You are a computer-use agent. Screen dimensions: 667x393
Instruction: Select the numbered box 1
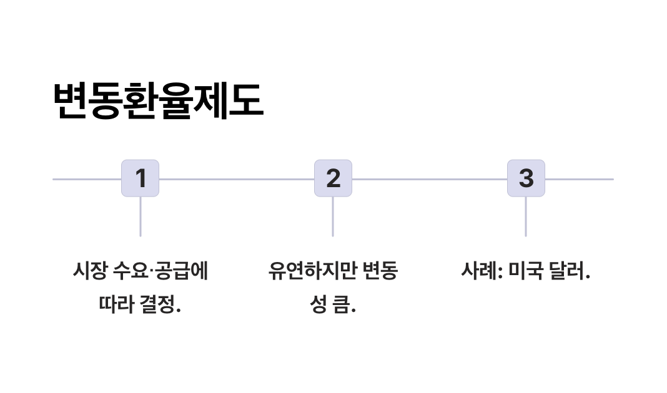point(140,178)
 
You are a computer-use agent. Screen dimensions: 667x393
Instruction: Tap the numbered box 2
point(333,178)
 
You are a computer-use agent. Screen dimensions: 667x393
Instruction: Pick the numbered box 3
point(526,178)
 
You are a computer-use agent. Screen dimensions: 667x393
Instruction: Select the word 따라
point(116,306)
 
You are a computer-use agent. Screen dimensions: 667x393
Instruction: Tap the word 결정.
point(160,306)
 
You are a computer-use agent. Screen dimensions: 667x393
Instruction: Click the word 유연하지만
point(309,271)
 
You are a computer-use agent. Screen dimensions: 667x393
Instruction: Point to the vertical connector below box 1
point(140,216)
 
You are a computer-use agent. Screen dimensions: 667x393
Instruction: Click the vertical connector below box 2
point(333,216)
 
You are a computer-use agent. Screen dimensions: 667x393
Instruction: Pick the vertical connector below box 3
point(526,216)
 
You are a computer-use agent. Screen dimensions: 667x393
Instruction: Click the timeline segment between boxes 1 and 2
point(236,179)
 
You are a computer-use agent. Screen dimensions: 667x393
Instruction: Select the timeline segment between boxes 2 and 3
point(429,179)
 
